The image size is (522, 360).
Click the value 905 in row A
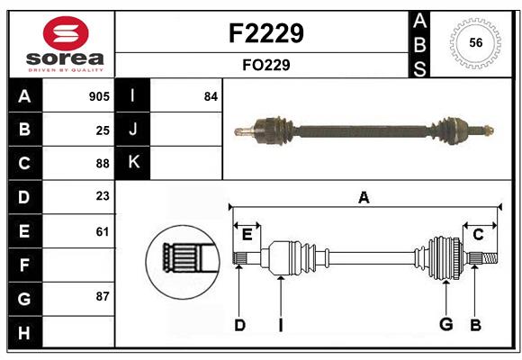tap(99, 96)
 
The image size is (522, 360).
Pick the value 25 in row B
tap(103, 130)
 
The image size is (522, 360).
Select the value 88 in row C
tap(102, 164)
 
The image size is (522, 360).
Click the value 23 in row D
tap(103, 197)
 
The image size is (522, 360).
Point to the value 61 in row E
tap(103, 231)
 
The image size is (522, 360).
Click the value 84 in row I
tap(211, 96)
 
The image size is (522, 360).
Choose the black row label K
tap(133, 163)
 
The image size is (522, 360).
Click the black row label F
tap(24, 265)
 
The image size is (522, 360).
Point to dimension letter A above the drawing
tap(364, 197)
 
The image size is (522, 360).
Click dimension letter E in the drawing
tap(247, 234)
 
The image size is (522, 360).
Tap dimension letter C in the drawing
tap(478, 234)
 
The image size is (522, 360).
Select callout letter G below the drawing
tap(445, 324)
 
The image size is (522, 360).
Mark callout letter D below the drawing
tap(239, 324)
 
